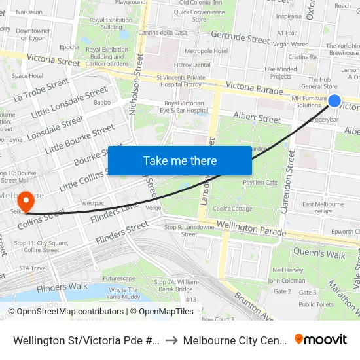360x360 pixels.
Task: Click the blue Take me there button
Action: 179,160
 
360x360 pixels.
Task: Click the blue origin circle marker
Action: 334,100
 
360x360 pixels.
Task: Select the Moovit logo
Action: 321,339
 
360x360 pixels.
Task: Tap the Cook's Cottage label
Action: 232,209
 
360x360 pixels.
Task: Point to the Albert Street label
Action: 257,118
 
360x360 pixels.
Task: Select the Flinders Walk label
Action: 62,287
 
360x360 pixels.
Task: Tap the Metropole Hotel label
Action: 206,51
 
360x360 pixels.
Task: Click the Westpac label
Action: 92,204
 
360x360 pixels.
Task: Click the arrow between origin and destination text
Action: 168,340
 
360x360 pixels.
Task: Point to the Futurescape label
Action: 118,278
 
